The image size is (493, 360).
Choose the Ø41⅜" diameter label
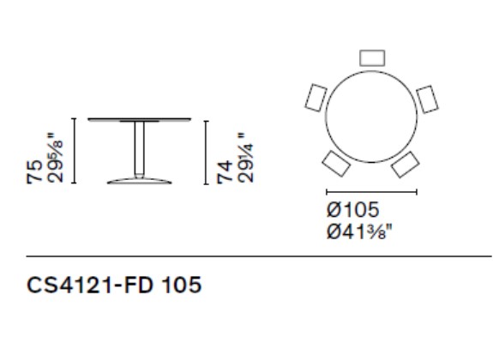click(x=360, y=231)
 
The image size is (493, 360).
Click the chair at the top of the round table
click(x=373, y=57)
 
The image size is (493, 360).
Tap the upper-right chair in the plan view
click(x=427, y=99)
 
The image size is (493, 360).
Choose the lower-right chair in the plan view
click(x=406, y=163)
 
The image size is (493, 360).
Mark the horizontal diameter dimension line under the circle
click(x=372, y=192)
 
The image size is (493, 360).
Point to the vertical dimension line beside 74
click(x=207, y=152)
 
